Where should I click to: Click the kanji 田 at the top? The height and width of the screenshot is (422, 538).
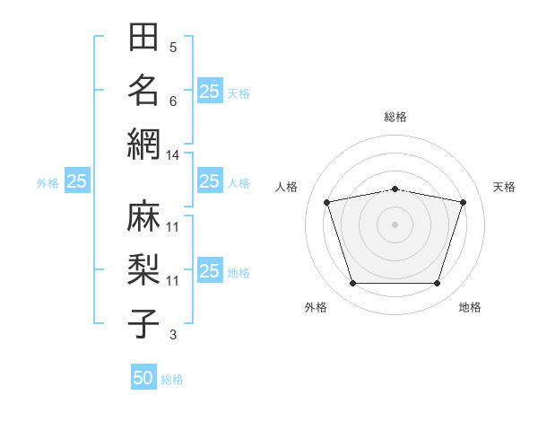click(143, 37)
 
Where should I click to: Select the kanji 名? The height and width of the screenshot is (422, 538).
click(143, 91)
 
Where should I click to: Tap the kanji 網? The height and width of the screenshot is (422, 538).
click(143, 145)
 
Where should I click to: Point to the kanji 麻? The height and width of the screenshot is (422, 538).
click(143, 215)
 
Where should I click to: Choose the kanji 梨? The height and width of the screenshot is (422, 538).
click(143, 269)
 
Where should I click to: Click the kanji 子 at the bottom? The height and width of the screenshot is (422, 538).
click(143, 323)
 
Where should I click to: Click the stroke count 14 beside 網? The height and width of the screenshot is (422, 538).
click(172, 155)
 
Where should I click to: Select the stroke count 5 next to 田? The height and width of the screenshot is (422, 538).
click(173, 48)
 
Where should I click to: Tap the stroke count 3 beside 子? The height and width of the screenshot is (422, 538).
click(173, 335)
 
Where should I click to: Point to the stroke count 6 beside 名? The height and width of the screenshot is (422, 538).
click(173, 101)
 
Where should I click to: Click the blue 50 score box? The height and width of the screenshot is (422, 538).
click(143, 376)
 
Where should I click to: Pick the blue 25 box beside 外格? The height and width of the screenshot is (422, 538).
click(77, 180)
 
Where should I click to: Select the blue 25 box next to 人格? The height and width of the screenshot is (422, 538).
click(211, 180)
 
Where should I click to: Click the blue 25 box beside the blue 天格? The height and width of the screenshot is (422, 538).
click(211, 91)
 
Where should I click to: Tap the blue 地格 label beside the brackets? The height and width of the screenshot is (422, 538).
click(239, 273)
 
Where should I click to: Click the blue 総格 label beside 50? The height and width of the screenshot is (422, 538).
click(172, 380)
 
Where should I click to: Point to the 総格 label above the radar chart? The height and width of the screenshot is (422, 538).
click(395, 117)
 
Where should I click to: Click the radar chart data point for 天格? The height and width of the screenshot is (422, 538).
click(464, 202)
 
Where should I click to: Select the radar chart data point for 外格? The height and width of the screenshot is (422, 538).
click(353, 284)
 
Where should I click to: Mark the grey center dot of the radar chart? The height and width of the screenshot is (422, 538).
click(395, 224)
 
